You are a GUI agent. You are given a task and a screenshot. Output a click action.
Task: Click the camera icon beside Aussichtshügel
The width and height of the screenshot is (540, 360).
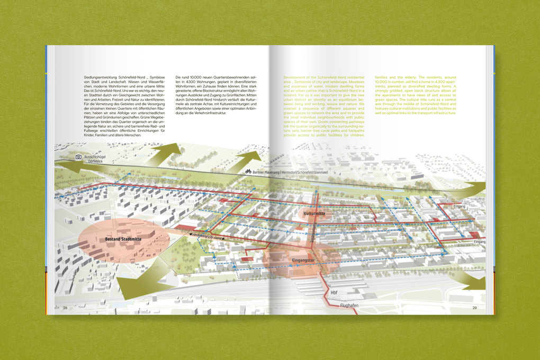[x=78, y=157]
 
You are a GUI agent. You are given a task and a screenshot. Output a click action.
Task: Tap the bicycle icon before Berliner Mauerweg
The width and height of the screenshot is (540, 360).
[x=247, y=172]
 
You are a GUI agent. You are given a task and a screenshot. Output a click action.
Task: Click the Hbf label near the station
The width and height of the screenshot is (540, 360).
[x=334, y=293]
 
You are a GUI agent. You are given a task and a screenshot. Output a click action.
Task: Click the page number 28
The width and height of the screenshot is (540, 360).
[x=65, y=308]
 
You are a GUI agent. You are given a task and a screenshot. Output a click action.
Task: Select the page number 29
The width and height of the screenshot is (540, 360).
[x=474, y=308]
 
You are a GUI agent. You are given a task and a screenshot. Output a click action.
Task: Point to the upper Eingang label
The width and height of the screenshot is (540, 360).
[x=459, y=206]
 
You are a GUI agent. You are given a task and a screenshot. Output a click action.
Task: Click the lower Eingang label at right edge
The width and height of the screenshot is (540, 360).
[x=479, y=241]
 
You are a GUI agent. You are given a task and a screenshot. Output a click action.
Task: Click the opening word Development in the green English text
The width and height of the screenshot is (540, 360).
[x=295, y=77]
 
